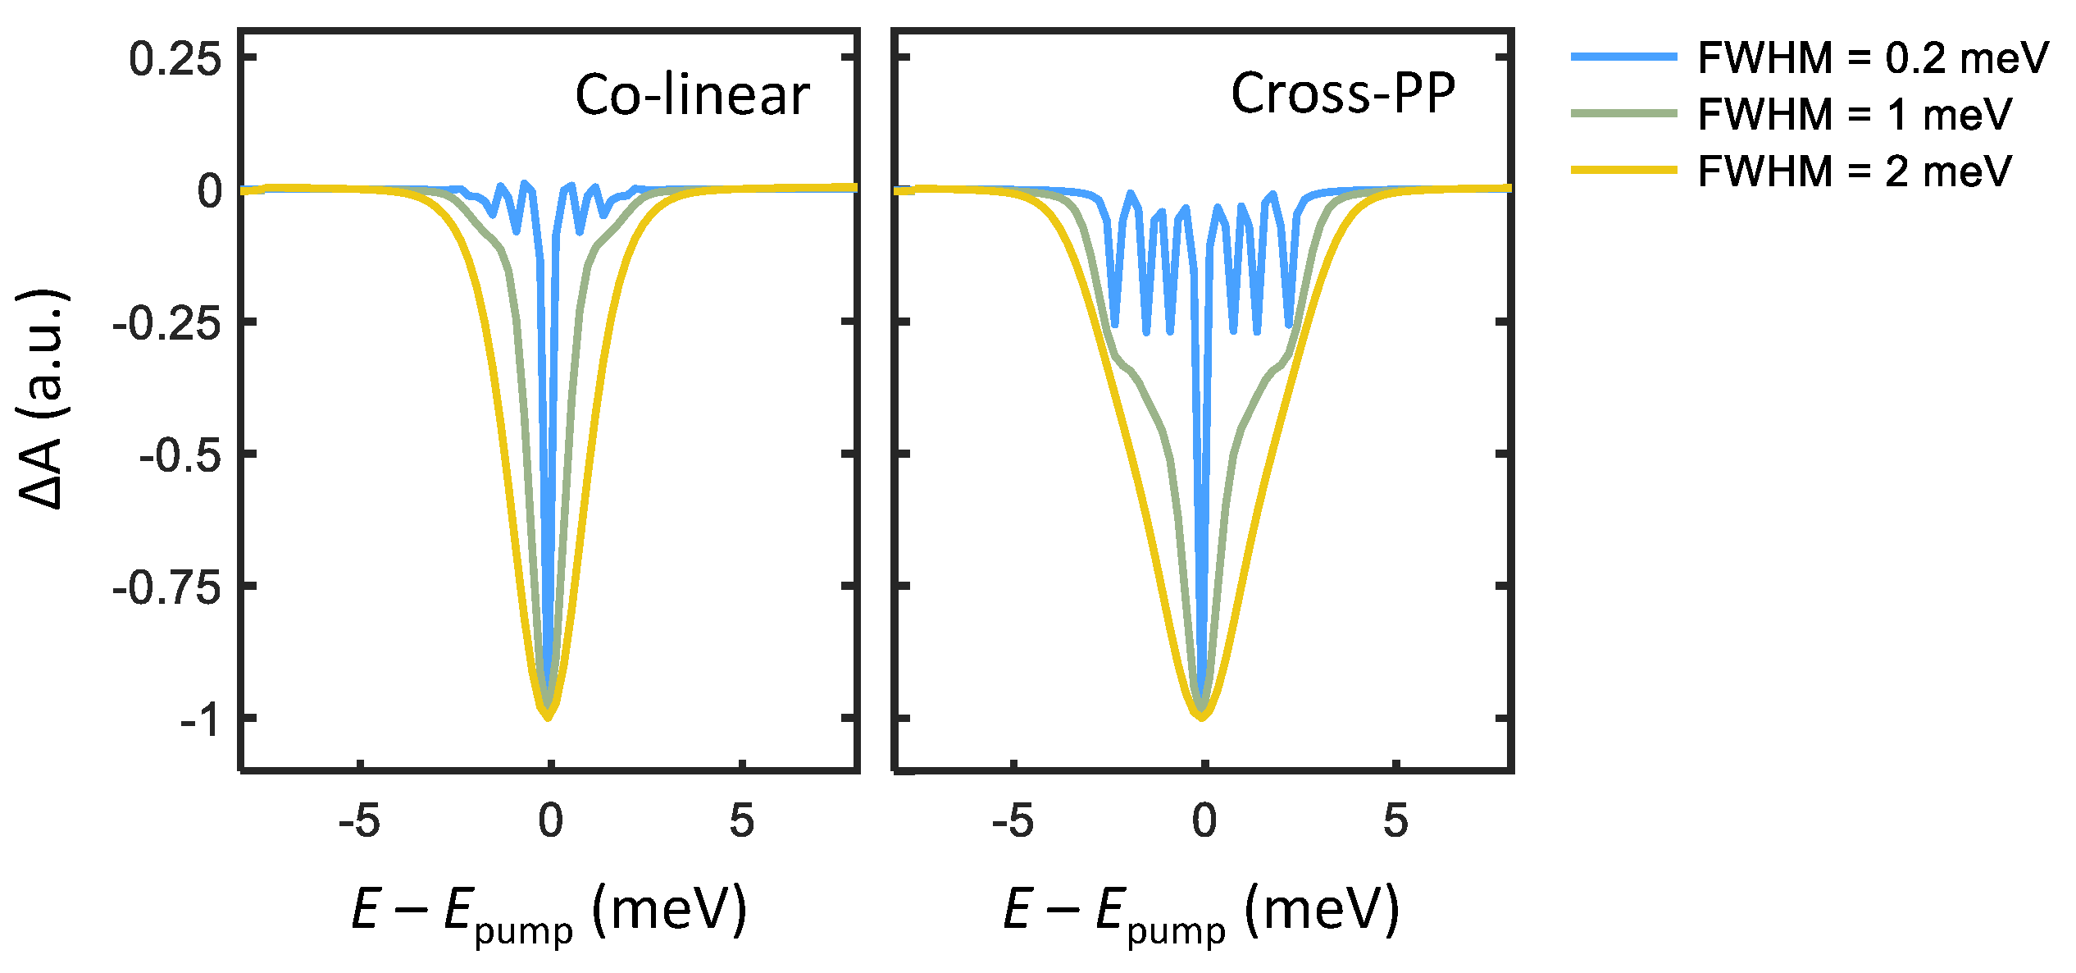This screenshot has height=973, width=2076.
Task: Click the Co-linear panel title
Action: pyautogui.click(x=692, y=95)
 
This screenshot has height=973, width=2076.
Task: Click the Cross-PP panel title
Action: pyautogui.click(x=1343, y=93)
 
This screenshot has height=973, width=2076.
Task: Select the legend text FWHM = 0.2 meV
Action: pyautogui.click(x=1872, y=58)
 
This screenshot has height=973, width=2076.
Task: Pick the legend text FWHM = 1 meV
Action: pyautogui.click(x=1854, y=115)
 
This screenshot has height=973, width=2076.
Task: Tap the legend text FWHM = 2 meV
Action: pyautogui.click(x=1854, y=171)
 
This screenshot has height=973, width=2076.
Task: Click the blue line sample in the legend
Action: pyautogui.click(x=1623, y=57)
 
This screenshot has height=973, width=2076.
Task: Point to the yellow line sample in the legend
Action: pyautogui.click(x=1623, y=170)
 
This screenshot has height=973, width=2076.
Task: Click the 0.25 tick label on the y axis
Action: pyautogui.click(x=175, y=60)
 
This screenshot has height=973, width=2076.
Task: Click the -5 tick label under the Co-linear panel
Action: pyautogui.click(x=359, y=820)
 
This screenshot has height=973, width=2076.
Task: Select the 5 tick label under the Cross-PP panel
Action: pyautogui.click(x=1395, y=820)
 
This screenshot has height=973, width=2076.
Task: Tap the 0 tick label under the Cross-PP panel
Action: pyautogui.click(x=1204, y=820)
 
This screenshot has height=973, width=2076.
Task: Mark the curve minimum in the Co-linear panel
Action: pyautogui.click(x=549, y=718)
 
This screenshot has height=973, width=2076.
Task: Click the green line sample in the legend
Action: pyautogui.click(x=1623, y=113)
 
